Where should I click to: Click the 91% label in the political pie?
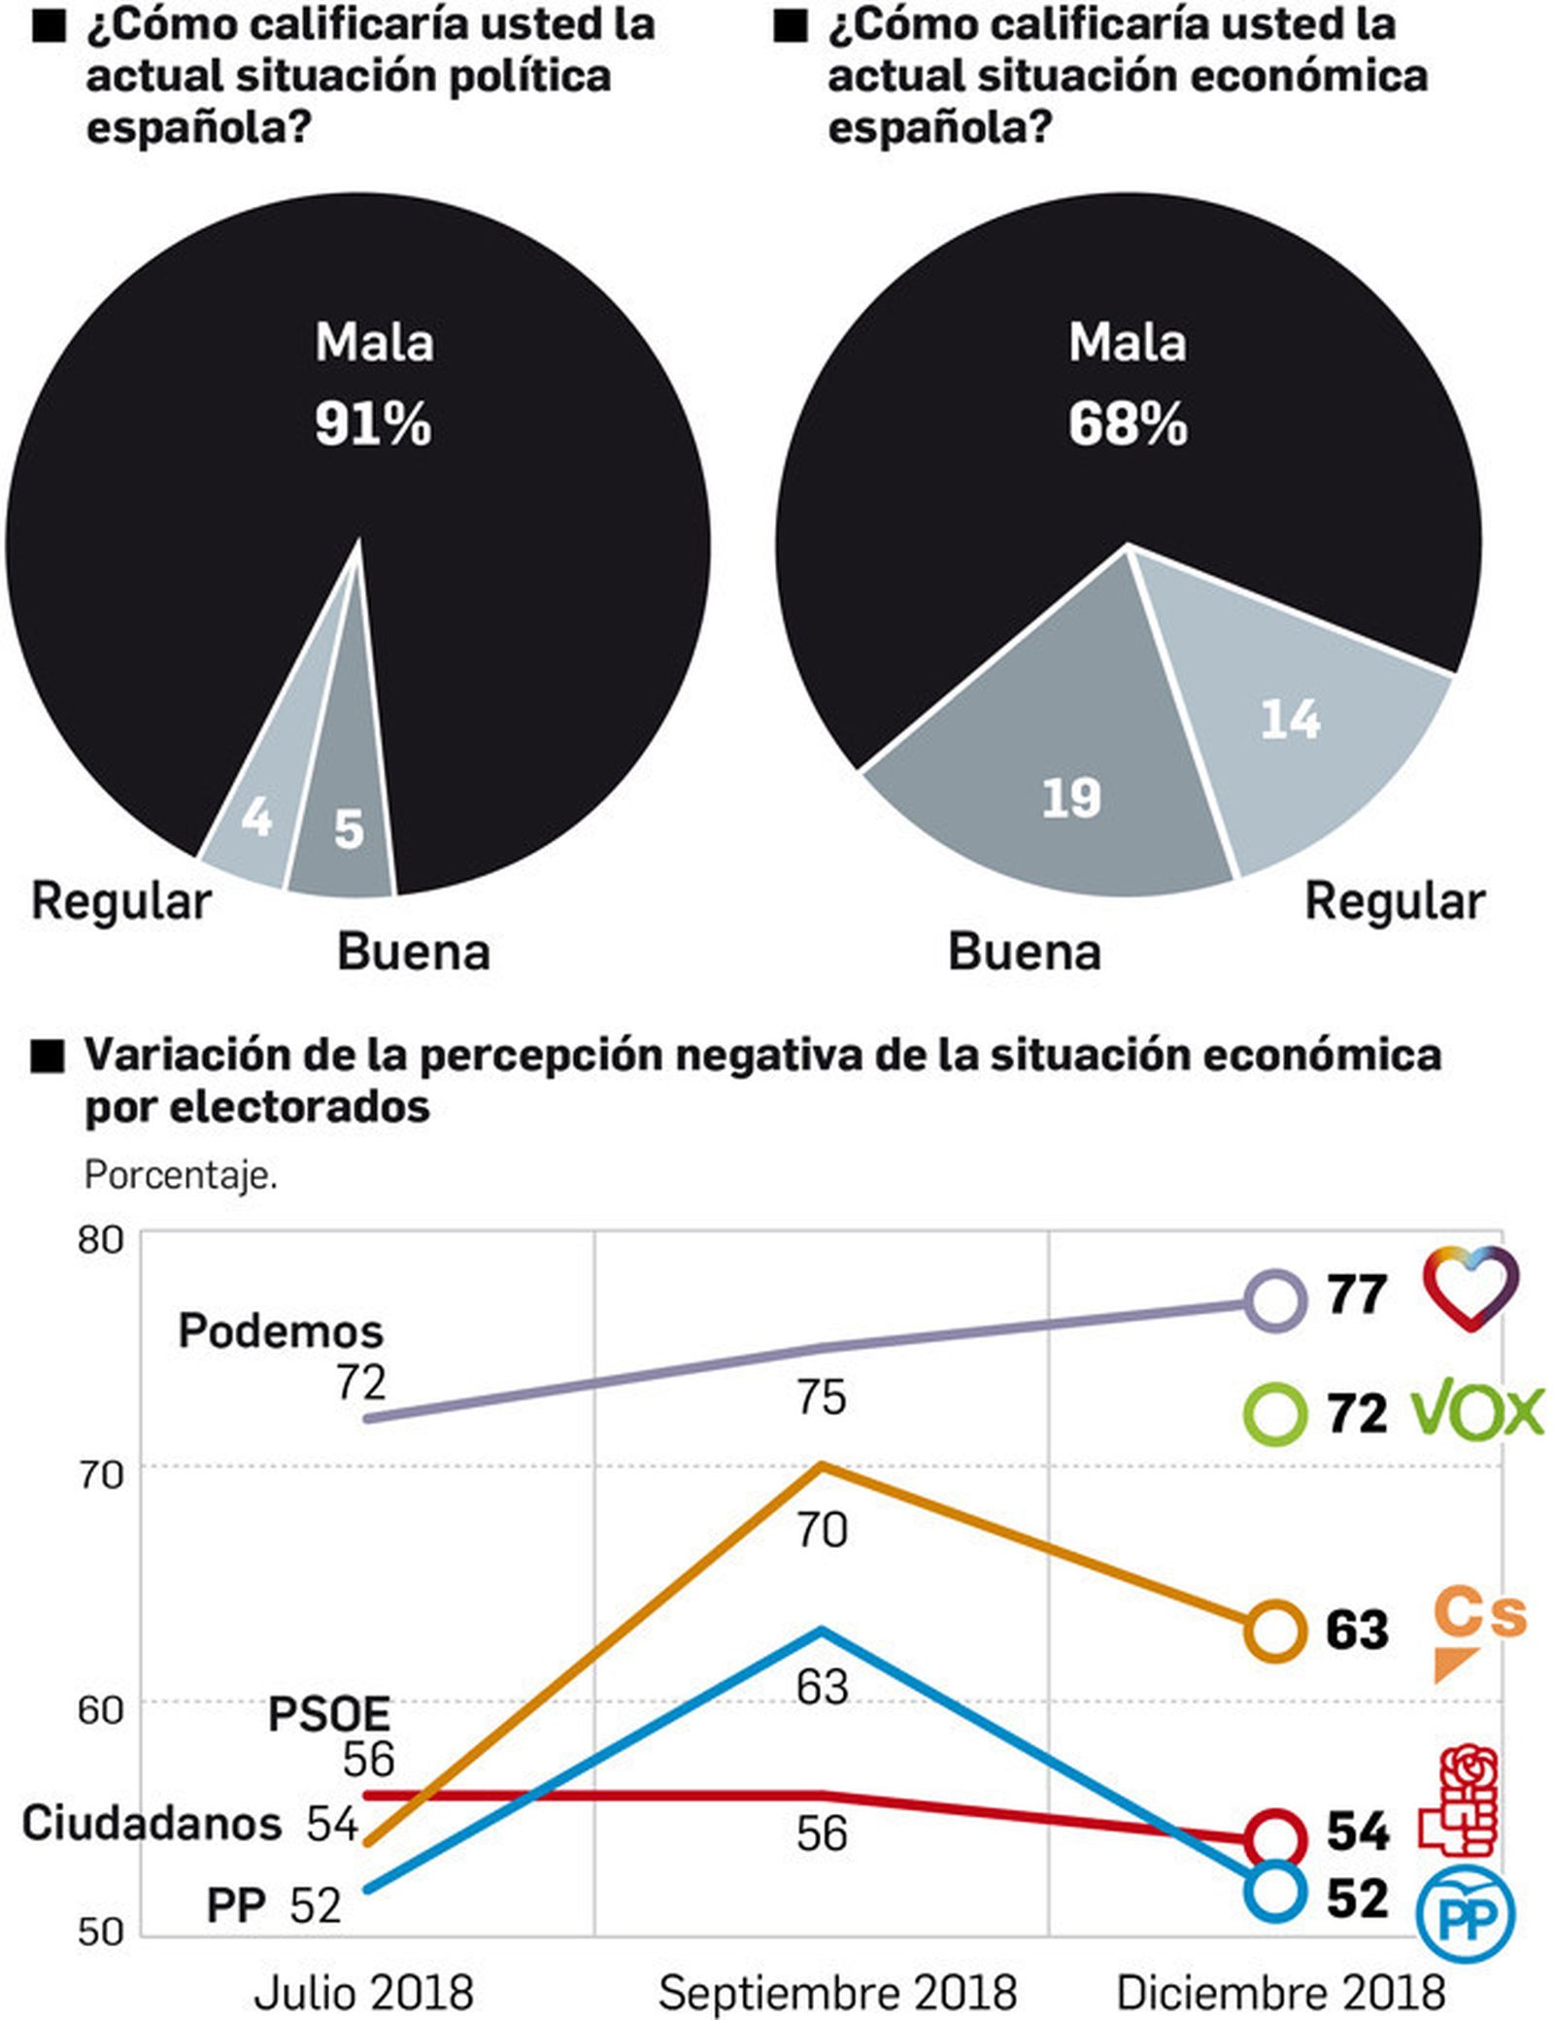[373, 424]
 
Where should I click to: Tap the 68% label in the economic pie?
[1127, 424]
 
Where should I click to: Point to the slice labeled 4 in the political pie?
[254, 821]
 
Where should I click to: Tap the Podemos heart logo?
[1470, 1288]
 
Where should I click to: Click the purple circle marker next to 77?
[1274, 1299]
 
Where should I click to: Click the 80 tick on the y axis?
[101, 1240]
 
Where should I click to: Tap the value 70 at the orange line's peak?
[822, 1531]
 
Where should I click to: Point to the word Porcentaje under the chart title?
[181, 1175]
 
